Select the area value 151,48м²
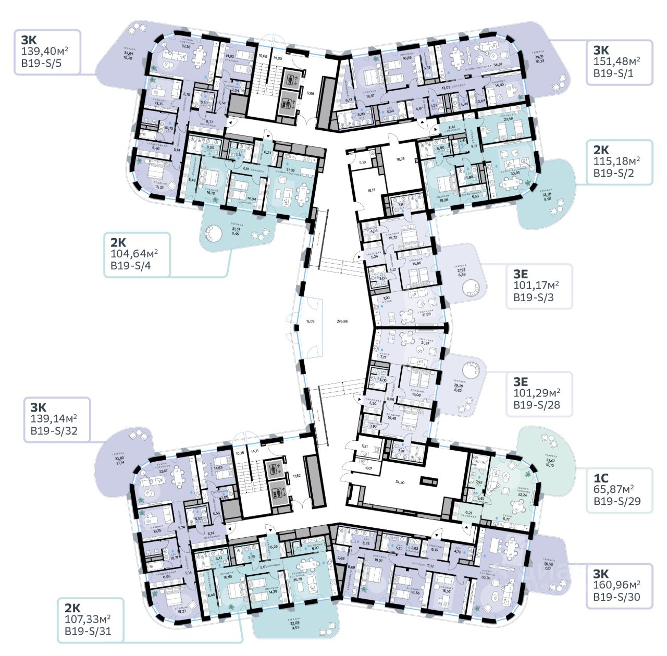pos(617,61)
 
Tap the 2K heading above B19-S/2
pos(601,150)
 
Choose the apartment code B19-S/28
pos(537,404)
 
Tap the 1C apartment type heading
pos(601,477)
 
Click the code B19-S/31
pos(88,632)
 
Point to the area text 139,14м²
pos(54,419)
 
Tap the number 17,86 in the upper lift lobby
pos(310,93)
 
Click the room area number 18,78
pos(401,159)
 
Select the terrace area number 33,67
pos(550,460)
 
